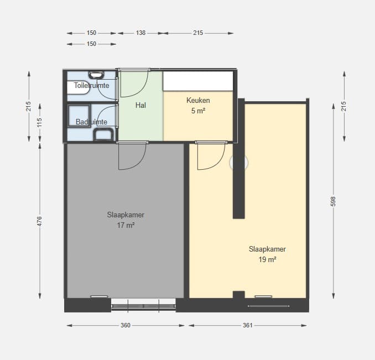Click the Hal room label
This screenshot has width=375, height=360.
(x=140, y=105)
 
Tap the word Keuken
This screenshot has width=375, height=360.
(x=198, y=101)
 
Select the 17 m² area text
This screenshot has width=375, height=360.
(x=126, y=225)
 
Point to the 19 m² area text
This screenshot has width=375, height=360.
(x=267, y=259)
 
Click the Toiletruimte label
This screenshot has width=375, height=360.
(x=91, y=85)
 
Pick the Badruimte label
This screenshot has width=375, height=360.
(x=91, y=122)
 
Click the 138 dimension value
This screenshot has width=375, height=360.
(x=140, y=33)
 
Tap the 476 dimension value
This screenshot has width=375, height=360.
(x=39, y=221)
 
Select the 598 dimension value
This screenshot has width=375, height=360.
(x=333, y=201)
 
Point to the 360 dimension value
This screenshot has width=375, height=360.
(x=126, y=325)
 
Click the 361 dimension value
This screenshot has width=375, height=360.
(x=248, y=325)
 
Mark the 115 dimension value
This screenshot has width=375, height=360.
(x=39, y=122)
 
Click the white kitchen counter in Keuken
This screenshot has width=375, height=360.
(x=198, y=81)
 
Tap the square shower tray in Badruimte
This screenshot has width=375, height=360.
(x=79, y=116)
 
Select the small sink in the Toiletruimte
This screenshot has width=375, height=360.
(x=96, y=75)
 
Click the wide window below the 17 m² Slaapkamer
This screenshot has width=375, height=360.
(x=143, y=306)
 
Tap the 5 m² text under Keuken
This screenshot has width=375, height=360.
(x=198, y=111)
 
